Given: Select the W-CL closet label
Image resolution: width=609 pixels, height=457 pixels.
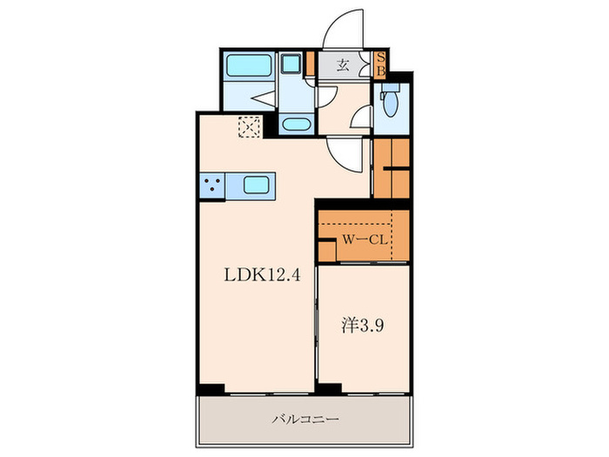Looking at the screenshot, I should tap(363, 237).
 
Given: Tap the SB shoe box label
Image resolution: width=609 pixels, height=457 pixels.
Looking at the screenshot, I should tap(380, 65).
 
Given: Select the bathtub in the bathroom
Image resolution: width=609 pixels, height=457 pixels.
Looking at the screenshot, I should tap(246, 67).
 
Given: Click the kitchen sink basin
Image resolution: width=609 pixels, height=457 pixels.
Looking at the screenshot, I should tap(256, 185).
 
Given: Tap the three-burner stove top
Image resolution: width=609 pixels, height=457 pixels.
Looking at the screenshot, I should tap(211, 185).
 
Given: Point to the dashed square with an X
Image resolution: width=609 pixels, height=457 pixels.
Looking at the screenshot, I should tap(250, 128).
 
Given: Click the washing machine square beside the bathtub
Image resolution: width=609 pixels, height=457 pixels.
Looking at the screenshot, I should tap(290, 65).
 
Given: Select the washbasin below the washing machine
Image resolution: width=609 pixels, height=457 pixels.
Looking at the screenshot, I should tap(296, 124).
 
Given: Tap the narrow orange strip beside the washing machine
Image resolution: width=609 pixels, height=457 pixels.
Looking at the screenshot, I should tap(308, 65).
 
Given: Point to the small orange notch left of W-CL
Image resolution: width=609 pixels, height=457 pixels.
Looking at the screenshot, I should tap(325, 250).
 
